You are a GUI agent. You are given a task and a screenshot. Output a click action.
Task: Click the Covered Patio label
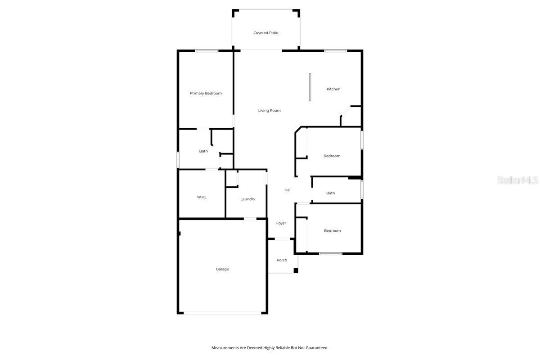(266, 33)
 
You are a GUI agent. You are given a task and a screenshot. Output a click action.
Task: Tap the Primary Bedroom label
(206, 93)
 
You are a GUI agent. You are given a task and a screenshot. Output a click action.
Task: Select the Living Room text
(269, 110)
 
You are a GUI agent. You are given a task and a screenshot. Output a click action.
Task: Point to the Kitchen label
(333, 89)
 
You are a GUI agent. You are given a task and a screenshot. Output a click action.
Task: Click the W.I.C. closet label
(202, 197)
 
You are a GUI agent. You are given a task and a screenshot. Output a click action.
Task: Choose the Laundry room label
(247, 199)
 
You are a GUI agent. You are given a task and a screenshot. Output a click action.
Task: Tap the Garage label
(222, 269)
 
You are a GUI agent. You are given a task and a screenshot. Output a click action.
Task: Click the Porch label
(282, 260)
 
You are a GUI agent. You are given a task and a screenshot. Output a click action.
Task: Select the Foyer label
(281, 223)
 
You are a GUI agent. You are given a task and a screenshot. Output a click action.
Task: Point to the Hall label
(288, 190)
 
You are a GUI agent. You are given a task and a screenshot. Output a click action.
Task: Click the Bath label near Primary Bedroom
(203, 151)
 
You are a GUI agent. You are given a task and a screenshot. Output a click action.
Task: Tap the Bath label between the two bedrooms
(331, 193)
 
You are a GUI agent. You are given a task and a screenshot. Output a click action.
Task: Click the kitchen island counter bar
(310, 87)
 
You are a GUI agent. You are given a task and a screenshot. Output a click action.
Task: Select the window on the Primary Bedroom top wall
(207, 51)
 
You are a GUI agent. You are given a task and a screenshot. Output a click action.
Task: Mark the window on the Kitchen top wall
(336, 51)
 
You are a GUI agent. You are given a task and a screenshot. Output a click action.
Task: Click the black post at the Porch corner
(296, 270)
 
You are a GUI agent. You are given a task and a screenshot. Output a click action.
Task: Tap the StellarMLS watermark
(517, 180)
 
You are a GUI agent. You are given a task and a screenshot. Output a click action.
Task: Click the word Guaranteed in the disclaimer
(316, 348)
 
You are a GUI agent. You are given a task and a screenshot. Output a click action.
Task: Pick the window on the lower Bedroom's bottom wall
(331, 254)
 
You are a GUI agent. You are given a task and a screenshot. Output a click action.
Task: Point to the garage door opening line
(222, 313)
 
